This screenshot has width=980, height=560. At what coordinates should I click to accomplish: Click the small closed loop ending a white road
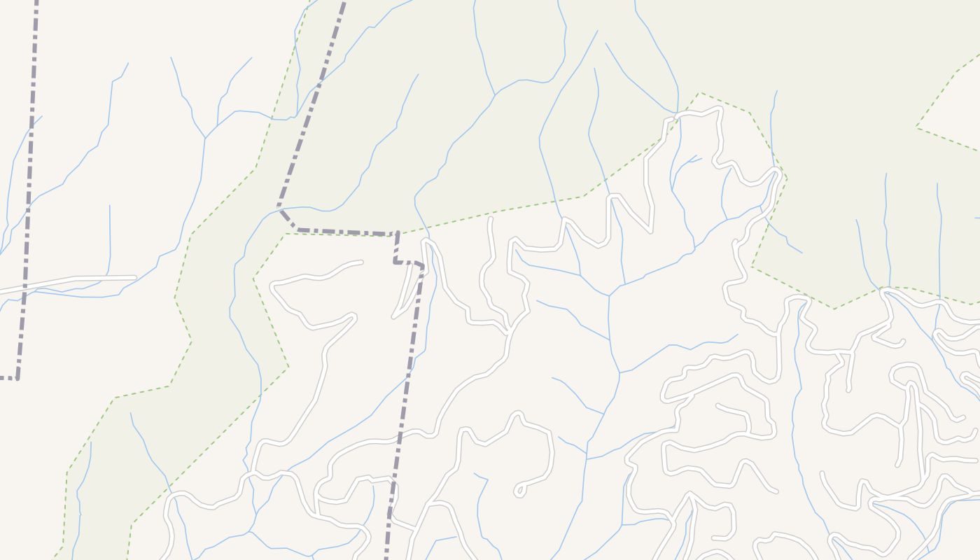[x=519, y=490]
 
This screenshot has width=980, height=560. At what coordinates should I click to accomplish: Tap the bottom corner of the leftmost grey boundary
[x=17, y=378]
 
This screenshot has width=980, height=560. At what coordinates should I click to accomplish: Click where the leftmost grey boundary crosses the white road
[x=25, y=287]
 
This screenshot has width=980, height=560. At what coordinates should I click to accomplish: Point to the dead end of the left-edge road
[x=135, y=278]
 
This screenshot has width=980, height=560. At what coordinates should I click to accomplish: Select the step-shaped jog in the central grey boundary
[x=396, y=262]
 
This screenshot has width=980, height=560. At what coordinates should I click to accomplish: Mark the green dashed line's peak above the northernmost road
[x=698, y=92]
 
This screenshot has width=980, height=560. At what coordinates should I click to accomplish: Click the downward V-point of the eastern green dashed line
[x=833, y=308]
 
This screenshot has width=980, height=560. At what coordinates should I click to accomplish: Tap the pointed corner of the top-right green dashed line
[x=916, y=127]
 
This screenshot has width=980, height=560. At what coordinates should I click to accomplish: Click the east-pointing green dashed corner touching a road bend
[x=787, y=178]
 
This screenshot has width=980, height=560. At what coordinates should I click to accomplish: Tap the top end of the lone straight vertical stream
[x=110, y=206]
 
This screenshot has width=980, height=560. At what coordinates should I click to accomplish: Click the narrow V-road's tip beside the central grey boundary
[x=394, y=317]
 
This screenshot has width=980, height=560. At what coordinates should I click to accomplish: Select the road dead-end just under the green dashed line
[x=490, y=219]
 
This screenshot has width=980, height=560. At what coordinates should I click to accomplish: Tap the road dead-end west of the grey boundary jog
[x=361, y=262]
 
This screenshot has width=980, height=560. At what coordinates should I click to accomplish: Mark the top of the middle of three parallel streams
[x=886, y=174]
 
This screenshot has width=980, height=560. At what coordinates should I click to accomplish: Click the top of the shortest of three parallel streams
[x=857, y=220]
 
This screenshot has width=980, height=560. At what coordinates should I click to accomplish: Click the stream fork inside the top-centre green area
[x=496, y=94]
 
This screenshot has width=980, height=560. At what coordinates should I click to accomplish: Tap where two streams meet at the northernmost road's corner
[x=675, y=113]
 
